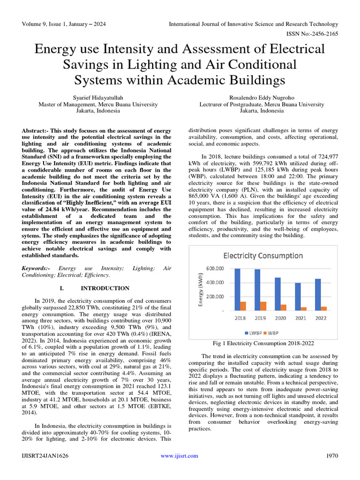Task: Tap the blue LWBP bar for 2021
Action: pos(298,296)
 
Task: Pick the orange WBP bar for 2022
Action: pos(324,308)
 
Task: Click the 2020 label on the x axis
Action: pos(280,318)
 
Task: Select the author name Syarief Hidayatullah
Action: pos(98,98)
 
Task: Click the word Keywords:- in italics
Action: pos(36,268)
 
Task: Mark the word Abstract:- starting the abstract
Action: pos(35,130)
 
